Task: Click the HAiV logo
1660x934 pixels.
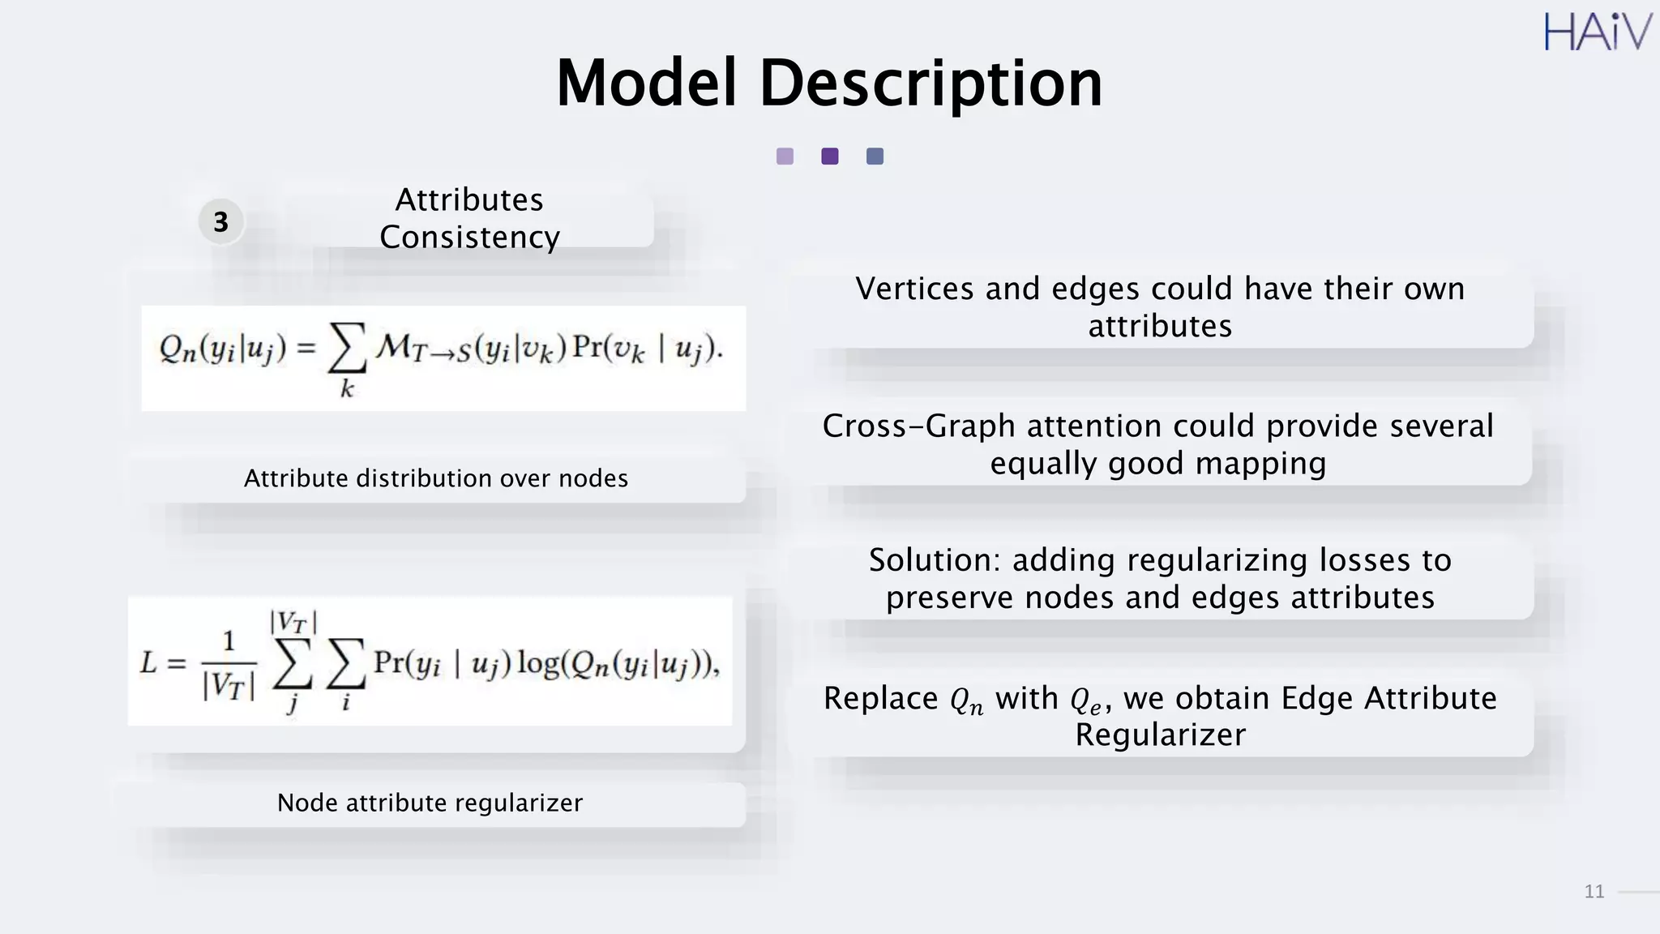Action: pyautogui.click(x=1597, y=33)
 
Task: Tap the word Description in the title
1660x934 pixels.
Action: pyautogui.click(x=931, y=84)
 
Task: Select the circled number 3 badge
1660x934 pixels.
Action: pyautogui.click(x=220, y=221)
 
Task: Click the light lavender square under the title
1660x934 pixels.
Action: pyautogui.click(x=785, y=156)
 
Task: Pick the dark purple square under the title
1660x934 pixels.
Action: pyautogui.click(x=829, y=156)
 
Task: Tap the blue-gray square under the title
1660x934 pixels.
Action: pyautogui.click(x=875, y=156)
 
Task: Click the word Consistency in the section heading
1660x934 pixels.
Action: pyautogui.click(x=469, y=238)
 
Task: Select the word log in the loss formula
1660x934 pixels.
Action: pyautogui.click(x=538, y=663)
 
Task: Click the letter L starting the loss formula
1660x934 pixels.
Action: pyautogui.click(x=148, y=663)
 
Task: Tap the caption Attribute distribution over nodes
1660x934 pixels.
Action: pyautogui.click(x=436, y=478)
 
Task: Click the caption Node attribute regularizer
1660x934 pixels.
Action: pyautogui.click(x=430, y=803)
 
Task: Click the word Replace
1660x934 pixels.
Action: pyautogui.click(x=880, y=698)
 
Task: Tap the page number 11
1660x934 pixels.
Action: pyautogui.click(x=1594, y=892)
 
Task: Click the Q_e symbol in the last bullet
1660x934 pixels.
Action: pyautogui.click(x=1086, y=700)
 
